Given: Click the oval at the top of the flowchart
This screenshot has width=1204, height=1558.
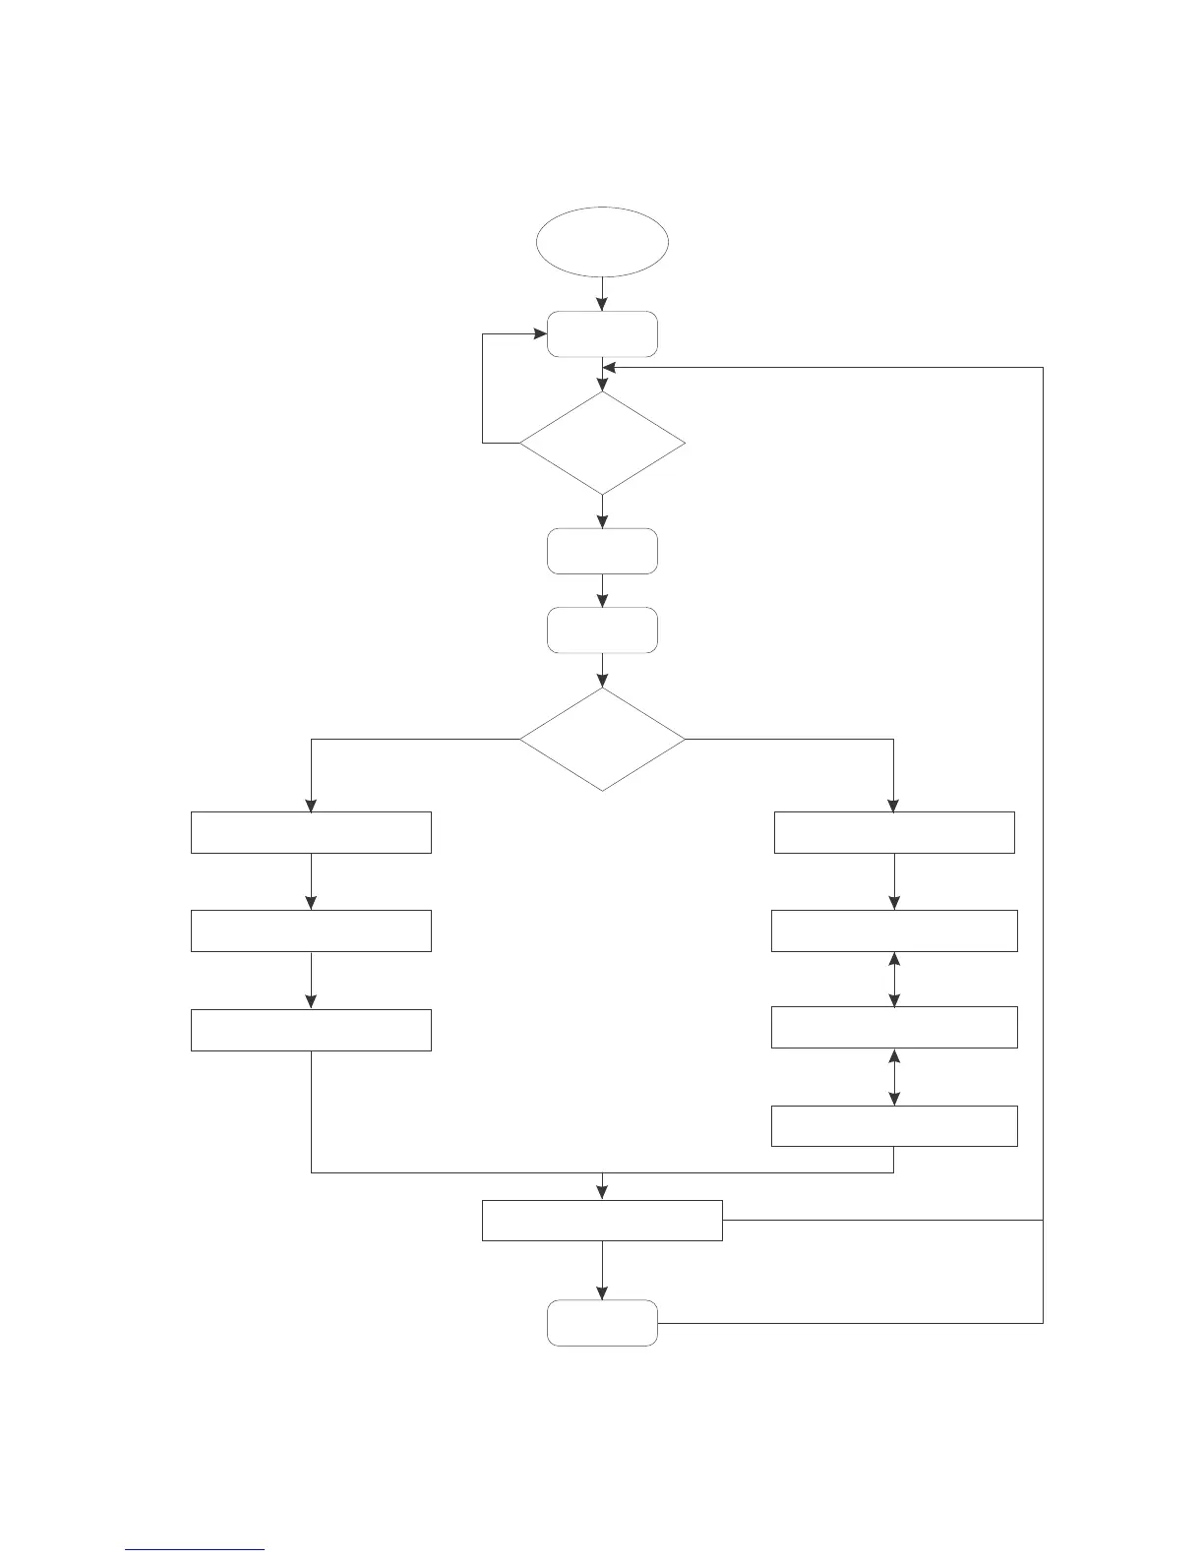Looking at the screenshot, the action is (602, 242).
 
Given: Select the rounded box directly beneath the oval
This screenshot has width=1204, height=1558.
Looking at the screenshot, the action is (602, 334).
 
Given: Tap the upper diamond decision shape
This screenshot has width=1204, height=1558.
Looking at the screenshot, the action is (602, 444).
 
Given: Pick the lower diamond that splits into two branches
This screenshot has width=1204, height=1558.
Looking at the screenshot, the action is (602, 739).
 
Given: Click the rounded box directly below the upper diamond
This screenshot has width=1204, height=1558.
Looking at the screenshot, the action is (602, 551).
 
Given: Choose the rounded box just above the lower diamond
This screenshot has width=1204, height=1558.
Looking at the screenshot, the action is (602, 630).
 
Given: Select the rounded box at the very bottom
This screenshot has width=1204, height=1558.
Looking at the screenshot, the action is (602, 1323).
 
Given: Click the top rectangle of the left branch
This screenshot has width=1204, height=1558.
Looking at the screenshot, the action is (311, 832).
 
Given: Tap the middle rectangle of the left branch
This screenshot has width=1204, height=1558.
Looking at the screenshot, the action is (311, 930).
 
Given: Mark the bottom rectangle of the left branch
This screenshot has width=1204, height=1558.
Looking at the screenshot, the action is (311, 1030).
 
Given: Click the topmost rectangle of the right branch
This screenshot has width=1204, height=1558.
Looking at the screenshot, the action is (894, 832).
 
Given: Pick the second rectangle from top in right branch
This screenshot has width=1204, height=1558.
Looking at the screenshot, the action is (894, 930).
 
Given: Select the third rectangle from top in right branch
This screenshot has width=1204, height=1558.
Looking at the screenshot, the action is (894, 1027).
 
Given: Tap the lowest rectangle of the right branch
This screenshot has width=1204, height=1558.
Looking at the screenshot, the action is (894, 1125).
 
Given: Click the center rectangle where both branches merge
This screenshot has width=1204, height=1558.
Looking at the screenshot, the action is (602, 1221).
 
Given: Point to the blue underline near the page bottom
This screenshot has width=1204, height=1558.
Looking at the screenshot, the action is (195, 1550).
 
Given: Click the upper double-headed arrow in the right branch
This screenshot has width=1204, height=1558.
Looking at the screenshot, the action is (894, 979).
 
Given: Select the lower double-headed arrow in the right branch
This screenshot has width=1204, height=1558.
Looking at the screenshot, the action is (894, 1076).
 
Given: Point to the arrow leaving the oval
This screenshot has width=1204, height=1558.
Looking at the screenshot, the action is (602, 293).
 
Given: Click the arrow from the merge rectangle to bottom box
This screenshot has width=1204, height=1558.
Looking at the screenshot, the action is (602, 1270).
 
